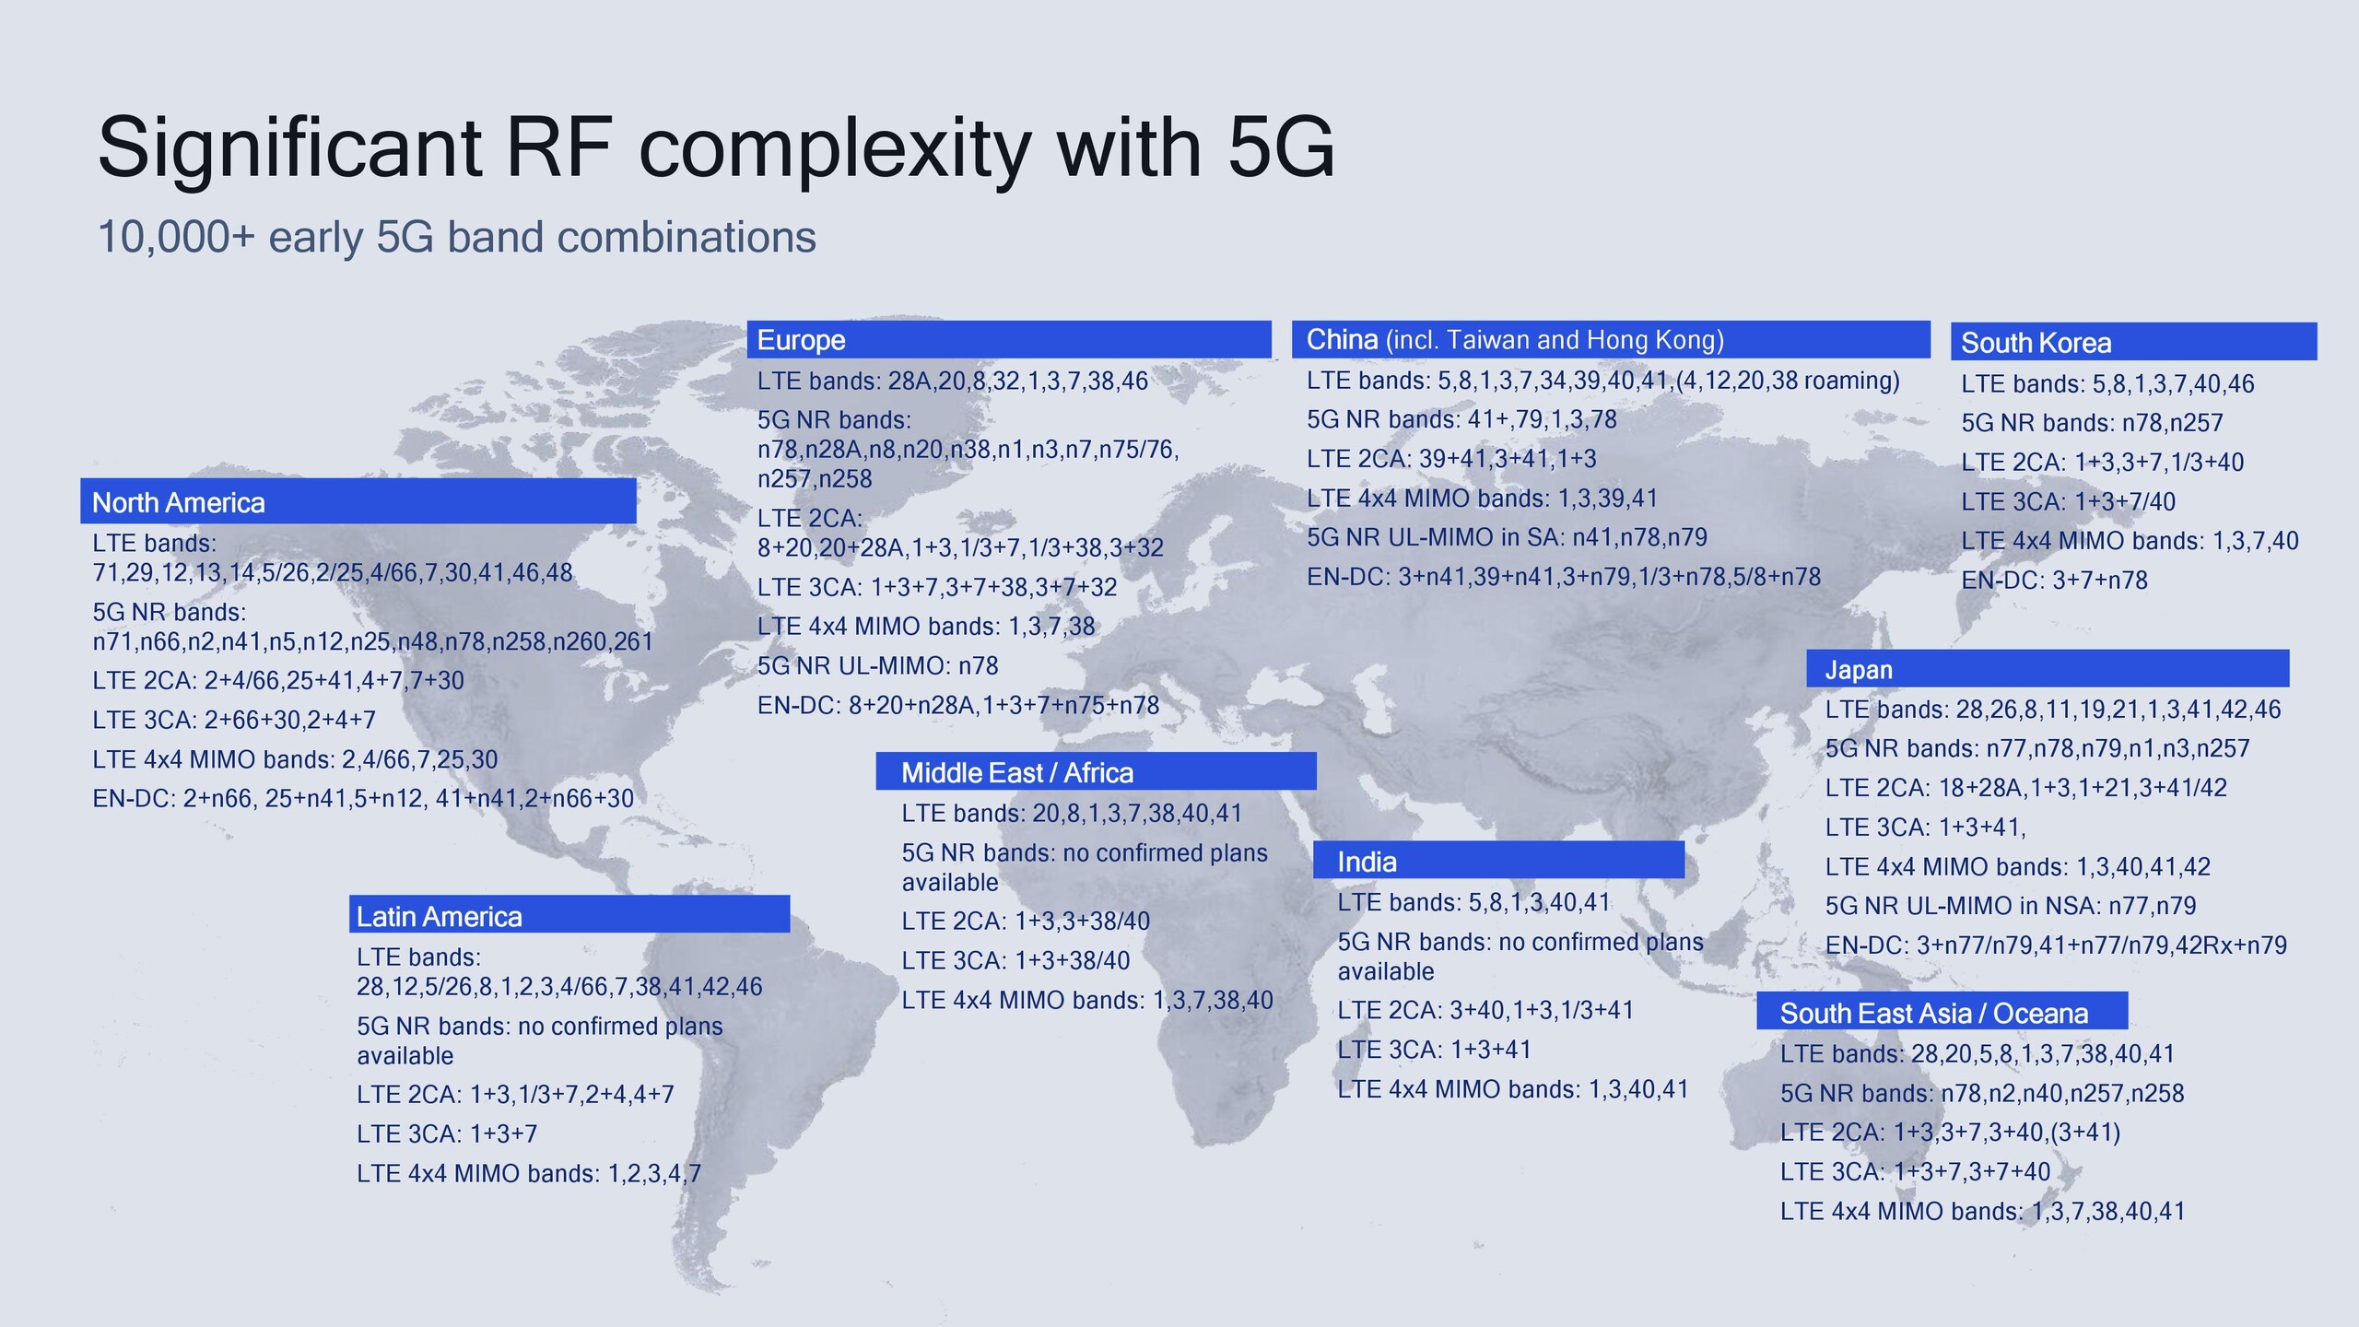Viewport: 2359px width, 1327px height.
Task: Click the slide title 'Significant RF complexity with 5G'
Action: click(716, 149)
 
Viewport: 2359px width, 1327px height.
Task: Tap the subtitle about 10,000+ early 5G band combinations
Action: click(457, 238)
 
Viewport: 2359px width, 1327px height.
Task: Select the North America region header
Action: click(179, 502)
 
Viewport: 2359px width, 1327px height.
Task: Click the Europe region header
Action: click(801, 340)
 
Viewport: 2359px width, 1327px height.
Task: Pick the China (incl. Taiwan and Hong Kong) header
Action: click(1515, 340)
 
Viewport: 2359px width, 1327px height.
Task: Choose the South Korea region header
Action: click(2036, 343)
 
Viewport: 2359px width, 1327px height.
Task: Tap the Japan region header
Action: click(1859, 670)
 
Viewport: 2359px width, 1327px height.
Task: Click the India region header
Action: click(1367, 863)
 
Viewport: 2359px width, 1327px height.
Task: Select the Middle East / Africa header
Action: click(1017, 773)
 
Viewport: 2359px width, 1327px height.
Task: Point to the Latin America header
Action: click(440, 917)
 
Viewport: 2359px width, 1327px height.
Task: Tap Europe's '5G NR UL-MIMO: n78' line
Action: click(877, 665)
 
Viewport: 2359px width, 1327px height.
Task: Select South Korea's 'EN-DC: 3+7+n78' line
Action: click(2054, 581)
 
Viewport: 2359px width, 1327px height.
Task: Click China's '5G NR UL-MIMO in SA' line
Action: click(1507, 537)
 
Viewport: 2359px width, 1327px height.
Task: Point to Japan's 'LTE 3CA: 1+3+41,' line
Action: click(1925, 828)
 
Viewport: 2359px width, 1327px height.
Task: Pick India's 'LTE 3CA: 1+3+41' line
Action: click(1434, 1050)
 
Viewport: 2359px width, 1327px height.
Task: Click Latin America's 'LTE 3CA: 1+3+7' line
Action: click(447, 1133)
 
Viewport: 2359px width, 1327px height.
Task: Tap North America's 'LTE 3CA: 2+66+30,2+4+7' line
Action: click(234, 720)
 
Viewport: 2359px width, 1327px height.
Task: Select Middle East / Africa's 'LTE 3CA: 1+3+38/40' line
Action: click(1015, 960)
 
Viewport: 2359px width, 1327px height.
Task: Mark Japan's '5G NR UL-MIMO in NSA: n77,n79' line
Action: click(2011, 906)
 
